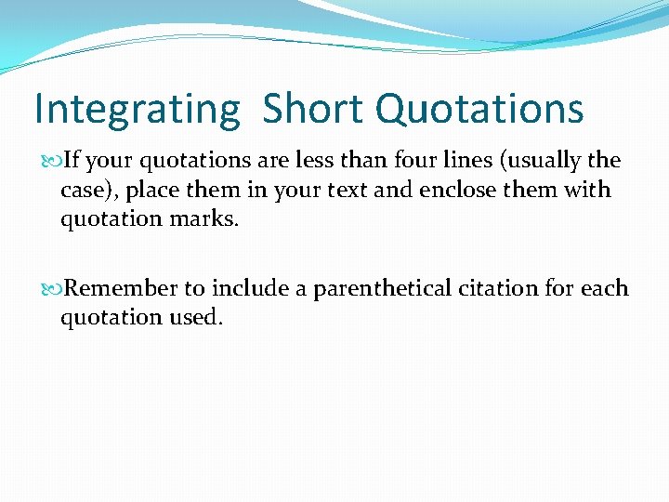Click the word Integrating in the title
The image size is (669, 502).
point(137,110)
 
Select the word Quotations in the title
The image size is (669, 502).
point(479,110)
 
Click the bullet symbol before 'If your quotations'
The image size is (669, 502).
point(53,161)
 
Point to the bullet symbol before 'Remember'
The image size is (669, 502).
point(53,289)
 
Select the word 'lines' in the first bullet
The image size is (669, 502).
point(469,160)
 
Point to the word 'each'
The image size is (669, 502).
point(605,288)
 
